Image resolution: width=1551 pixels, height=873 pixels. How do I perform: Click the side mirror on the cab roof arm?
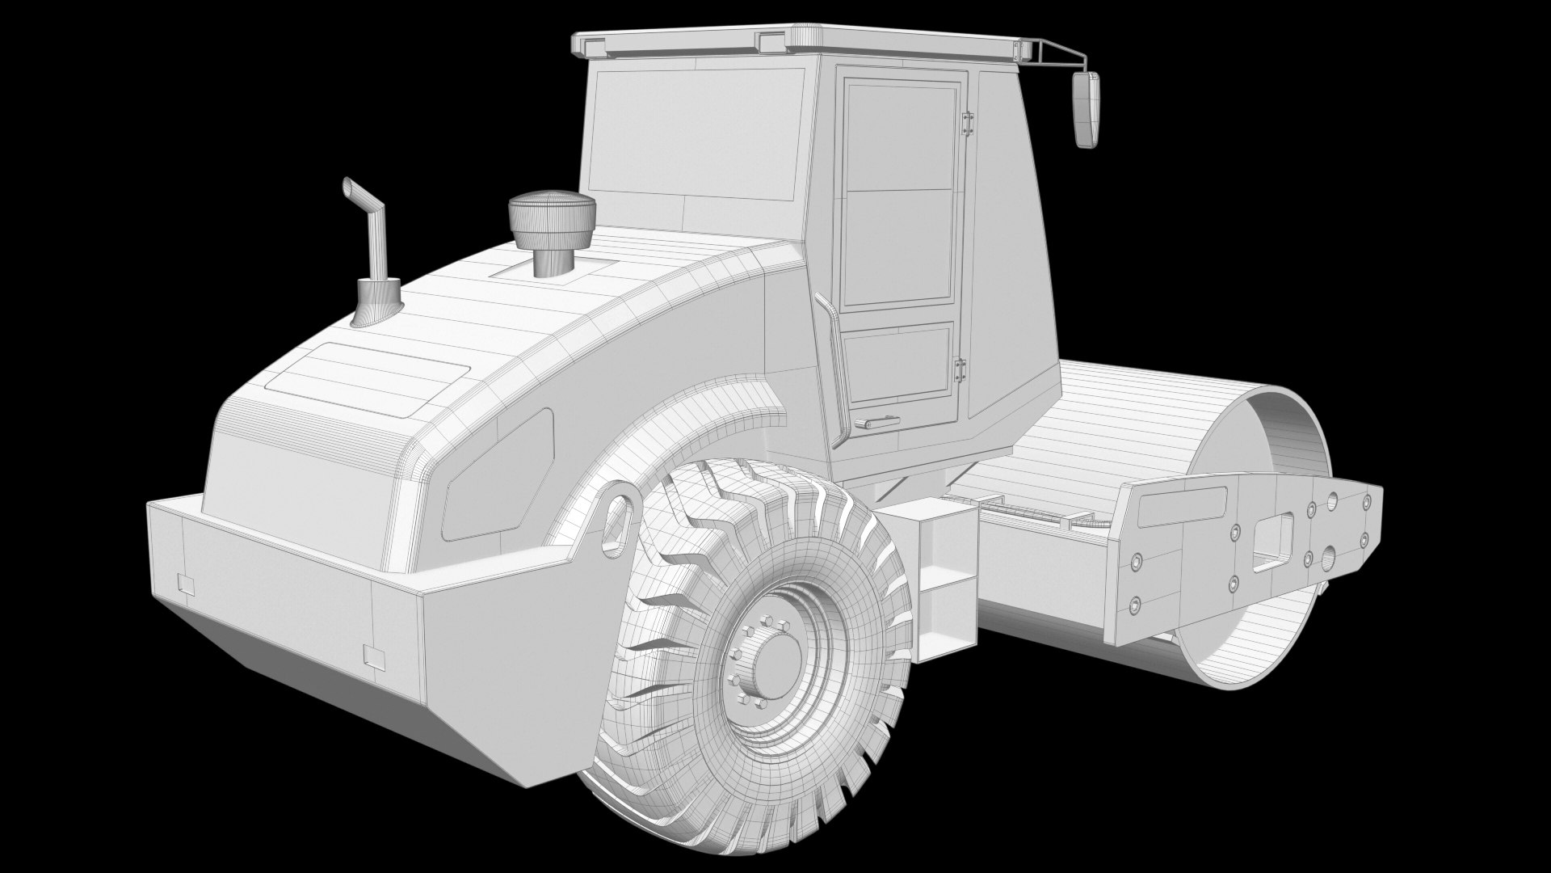(1087, 109)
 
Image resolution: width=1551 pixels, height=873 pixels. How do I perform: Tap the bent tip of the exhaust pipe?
(351, 187)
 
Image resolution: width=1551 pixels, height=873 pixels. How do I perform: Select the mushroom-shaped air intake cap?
(551, 211)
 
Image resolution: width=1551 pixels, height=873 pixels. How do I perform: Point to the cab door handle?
(877, 421)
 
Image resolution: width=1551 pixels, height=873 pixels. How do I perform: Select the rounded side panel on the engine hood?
(498, 477)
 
